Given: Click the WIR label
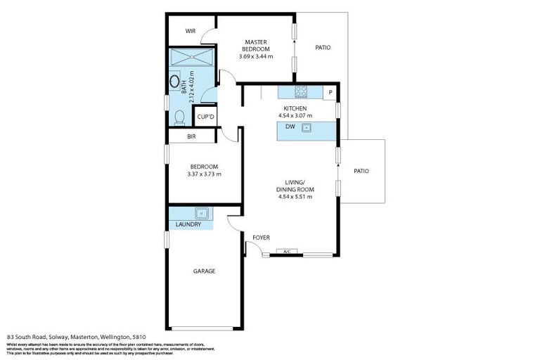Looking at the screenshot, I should [190, 31].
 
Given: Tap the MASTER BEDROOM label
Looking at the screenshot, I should [256, 45].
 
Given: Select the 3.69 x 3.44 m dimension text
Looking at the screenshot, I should [256, 56].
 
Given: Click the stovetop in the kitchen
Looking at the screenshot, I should [300, 91].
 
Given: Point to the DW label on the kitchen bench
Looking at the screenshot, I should [290, 127].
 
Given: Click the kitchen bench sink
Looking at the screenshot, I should [307, 127].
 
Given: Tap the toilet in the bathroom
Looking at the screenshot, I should [179, 116].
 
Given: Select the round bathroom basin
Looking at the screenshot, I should [174, 82].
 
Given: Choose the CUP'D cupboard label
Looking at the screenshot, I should [205, 117].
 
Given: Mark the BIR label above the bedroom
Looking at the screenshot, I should [191, 138].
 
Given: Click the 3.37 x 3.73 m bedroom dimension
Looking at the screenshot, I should [204, 174].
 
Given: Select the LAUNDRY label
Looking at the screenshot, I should [188, 224].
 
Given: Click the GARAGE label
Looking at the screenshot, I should [204, 271].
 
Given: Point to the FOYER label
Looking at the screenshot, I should [261, 238].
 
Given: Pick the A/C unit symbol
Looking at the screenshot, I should [287, 252].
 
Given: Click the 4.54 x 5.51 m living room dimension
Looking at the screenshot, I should [295, 197].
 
